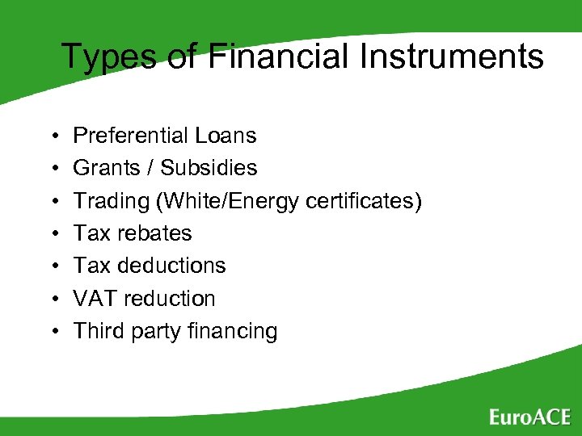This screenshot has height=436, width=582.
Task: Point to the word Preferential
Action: click(133, 136)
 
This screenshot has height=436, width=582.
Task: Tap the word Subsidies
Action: click(209, 168)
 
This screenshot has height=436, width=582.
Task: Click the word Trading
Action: click(109, 200)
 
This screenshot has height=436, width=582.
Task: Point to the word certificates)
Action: click(364, 200)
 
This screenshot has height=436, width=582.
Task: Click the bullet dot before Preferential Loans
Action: click(51, 136)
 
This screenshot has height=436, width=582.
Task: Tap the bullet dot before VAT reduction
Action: click(51, 299)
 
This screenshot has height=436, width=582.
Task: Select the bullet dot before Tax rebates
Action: click(51, 234)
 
